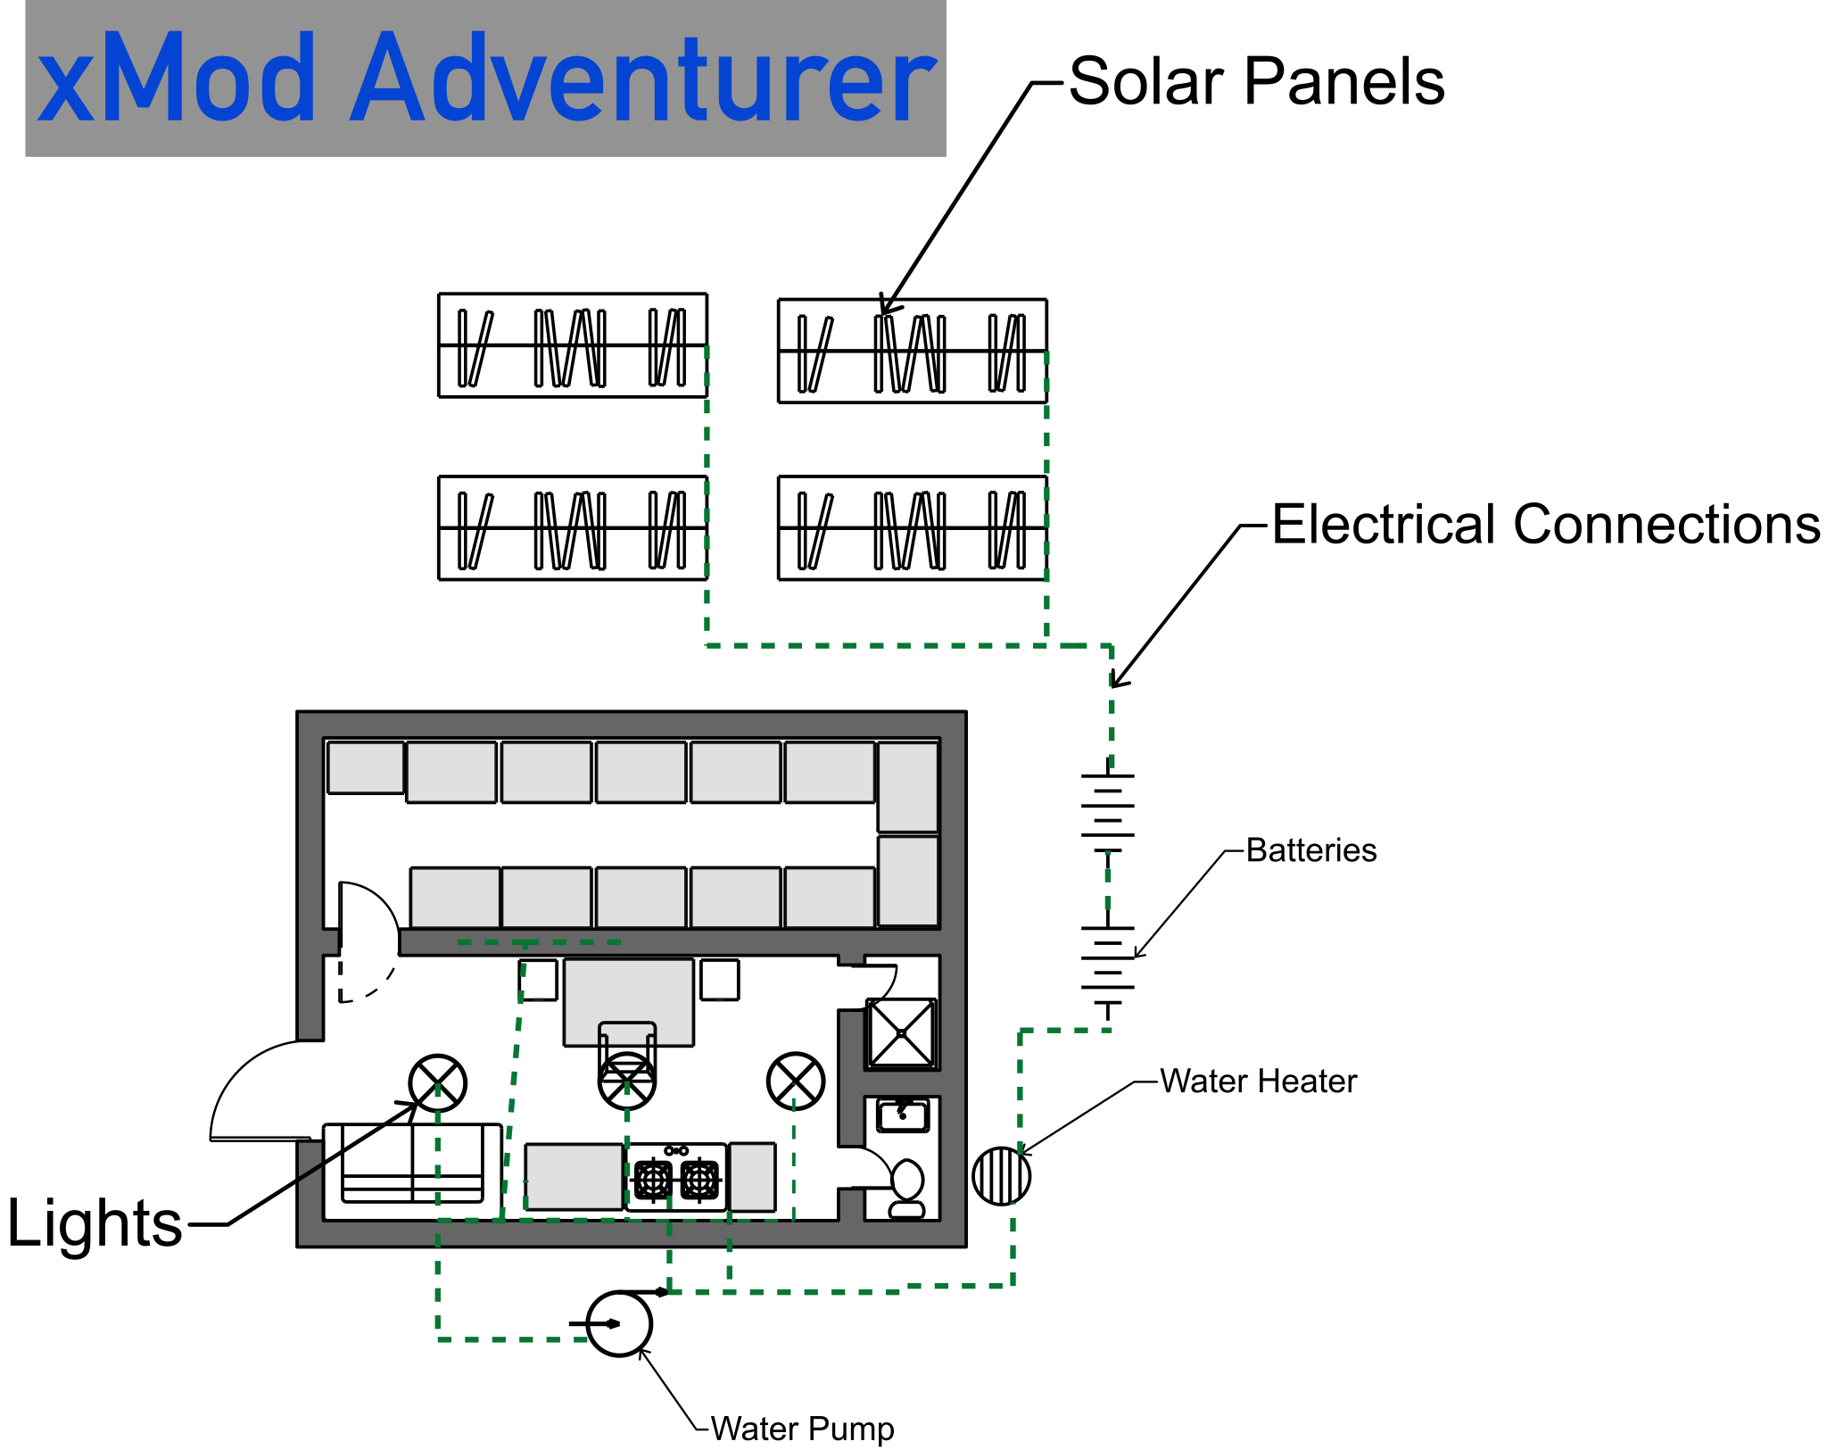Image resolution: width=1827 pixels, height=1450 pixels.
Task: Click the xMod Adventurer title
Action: [x=486, y=78]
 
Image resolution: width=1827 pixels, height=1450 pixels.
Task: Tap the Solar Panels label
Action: [x=1256, y=82]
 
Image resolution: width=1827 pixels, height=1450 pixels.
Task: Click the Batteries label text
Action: [x=1310, y=850]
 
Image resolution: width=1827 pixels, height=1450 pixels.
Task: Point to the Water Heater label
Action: [x=1258, y=1081]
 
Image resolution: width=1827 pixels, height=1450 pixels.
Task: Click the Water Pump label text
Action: [x=802, y=1429]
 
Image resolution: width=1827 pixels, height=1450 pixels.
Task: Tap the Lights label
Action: [x=95, y=1222]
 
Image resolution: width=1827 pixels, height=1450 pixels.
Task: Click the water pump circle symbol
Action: [x=619, y=1323]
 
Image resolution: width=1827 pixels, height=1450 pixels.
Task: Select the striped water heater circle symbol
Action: [x=1001, y=1176]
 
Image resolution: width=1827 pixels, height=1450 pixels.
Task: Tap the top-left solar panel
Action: [x=572, y=345]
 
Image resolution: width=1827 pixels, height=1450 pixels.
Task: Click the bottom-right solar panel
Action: [x=912, y=528]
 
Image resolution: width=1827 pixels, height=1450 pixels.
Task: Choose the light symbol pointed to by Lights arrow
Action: [x=437, y=1083]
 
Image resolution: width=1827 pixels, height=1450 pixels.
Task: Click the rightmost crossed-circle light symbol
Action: [x=795, y=1081]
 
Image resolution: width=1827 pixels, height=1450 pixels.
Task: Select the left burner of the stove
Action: [x=653, y=1180]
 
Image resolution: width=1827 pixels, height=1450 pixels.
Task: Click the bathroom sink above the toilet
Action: [x=903, y=1115]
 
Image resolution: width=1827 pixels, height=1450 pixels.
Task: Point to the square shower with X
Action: [x=901, y=1033]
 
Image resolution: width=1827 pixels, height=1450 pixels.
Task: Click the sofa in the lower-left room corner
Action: [x=412, y=1164]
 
